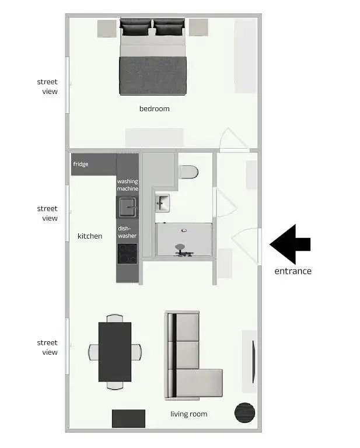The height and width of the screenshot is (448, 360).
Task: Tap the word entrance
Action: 293,271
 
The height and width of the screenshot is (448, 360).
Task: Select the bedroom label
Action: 154,108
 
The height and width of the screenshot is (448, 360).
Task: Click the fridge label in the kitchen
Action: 81,164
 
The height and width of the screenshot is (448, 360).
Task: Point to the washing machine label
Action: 128,185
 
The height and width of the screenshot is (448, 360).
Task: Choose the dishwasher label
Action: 127,232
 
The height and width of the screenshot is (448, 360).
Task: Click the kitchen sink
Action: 127,207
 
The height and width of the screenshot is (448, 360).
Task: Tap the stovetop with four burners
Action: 127,254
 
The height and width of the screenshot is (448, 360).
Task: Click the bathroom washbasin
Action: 162,203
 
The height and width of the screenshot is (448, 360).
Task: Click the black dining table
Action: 114,352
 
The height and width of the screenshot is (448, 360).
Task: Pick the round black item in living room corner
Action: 245,413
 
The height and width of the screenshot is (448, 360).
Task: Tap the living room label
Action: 188,414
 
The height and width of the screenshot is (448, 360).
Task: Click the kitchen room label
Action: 90,236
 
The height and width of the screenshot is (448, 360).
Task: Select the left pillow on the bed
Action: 137,26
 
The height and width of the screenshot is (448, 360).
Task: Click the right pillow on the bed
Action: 169,26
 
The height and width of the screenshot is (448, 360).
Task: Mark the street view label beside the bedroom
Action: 47,86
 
